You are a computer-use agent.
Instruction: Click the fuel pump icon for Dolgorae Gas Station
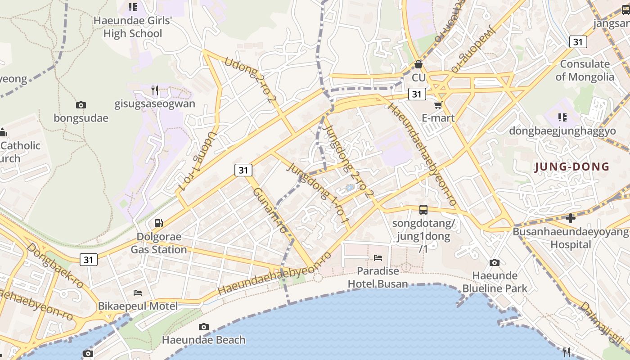[158, 223]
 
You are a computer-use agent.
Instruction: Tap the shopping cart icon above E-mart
[438, 105]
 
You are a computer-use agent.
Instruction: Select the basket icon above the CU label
[418, 64]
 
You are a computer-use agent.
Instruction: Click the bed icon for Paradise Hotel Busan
[378, 258]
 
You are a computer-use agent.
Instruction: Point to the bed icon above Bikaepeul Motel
[138, 293]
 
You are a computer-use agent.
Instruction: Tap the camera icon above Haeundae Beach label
[204, 327]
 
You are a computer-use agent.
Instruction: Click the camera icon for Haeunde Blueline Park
[495, 262]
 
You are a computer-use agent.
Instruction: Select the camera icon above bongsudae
[81, 105]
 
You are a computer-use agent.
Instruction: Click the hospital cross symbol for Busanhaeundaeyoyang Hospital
[571, 218]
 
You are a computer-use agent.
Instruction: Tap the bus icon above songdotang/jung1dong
[423, 209]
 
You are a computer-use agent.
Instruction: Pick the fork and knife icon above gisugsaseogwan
[155, 90]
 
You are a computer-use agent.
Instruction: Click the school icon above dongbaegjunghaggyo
[562, 117]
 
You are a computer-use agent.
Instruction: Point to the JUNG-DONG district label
[571, 167]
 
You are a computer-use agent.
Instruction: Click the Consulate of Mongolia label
[585, 70]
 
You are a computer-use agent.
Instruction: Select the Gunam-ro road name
[270, 210]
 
